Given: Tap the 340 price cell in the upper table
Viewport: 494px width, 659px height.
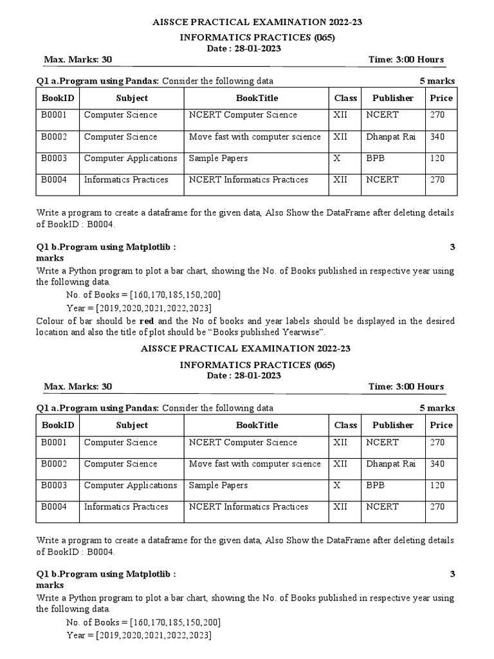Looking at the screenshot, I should point(437,136).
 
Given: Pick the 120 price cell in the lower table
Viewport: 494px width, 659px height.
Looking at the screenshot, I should point(437,485).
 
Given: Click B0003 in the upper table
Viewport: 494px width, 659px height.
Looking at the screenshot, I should point(55,158).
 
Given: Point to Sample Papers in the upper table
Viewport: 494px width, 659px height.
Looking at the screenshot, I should point(218,158).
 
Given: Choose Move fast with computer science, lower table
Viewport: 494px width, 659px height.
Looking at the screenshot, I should point(255,463).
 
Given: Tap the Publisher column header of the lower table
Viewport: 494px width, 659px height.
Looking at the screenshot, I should point(392,425).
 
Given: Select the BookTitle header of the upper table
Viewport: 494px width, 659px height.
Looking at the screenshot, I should point(257,98).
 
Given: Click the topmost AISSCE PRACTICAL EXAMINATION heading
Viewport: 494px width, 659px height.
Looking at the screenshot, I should point(246,23).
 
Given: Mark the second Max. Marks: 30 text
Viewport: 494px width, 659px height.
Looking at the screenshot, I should point(78,387).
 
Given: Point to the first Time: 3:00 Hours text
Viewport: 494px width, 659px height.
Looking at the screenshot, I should point(406,60).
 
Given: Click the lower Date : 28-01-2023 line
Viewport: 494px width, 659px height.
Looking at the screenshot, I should point(246,376).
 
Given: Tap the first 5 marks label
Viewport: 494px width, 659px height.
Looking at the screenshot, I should point(437,81).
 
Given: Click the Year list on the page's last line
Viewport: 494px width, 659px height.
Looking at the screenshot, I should point(154,635).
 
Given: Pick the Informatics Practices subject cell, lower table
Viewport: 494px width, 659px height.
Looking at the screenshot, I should point(126,506).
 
